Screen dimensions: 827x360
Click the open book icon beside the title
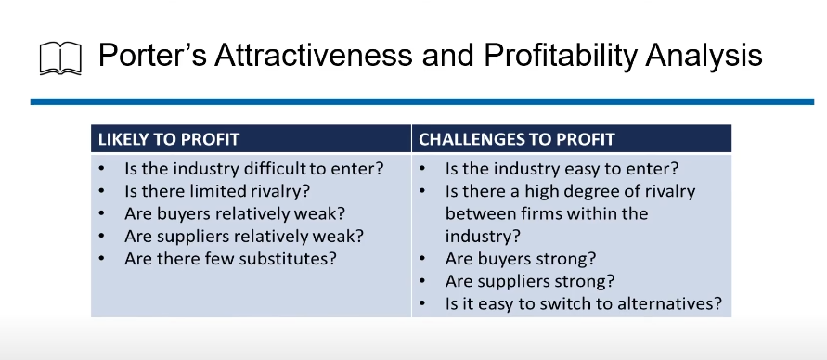(60, 58)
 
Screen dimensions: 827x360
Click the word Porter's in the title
(152, 55)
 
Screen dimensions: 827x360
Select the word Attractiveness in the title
(313, 55)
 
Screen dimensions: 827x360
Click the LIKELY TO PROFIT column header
(169, 139)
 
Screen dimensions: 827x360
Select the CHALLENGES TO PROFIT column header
(517, 139)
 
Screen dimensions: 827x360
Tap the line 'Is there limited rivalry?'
(217, 191)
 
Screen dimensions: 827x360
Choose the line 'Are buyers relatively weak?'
(235, 213)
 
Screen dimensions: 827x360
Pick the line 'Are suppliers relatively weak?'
(244, 236)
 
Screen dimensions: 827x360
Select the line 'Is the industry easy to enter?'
(562, 169)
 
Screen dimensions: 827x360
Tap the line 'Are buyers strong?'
(521, 259)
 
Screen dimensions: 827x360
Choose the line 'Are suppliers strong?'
(530, 281)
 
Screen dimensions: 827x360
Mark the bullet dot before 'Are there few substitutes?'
(101, 259)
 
